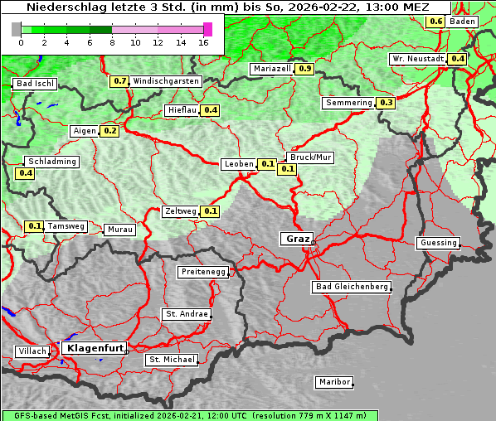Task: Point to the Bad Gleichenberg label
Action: tap(351, 287)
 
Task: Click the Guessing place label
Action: tap(438, 243)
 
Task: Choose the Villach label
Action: tap(32, 351)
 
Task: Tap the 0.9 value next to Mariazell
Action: tap(304, 69)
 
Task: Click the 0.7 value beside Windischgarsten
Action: tap(120, 81)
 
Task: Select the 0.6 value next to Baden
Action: tap(435, 21)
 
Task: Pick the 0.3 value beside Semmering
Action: tap(386, 103)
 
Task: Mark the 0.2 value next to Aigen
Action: tap(110, 131)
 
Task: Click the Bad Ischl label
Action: tap(36, 84)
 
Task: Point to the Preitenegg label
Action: tap(202, 272)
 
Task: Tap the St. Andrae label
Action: tap(186, 314)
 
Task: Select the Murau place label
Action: tap(119, 230)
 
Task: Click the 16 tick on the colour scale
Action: tap(202, 42)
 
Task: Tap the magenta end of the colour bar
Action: tap(207, 29)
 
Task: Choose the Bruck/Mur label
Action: tap(309, 157)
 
